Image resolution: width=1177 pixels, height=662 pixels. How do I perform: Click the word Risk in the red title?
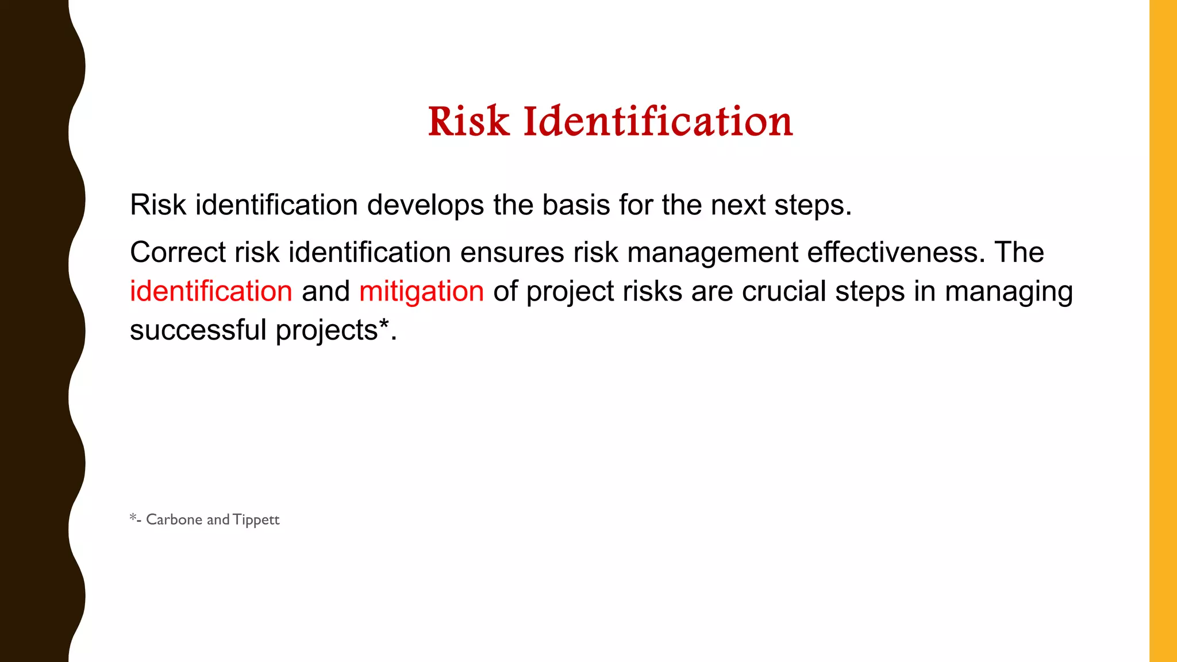[468, 122]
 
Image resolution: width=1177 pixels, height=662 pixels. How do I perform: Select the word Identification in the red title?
[658, 122]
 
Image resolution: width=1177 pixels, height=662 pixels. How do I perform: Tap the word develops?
[425, 205]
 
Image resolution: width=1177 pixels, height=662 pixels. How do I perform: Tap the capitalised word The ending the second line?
[1019, 252]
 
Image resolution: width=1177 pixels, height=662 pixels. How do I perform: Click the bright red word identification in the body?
[211, 291]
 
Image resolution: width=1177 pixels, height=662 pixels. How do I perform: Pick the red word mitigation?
[421, 291]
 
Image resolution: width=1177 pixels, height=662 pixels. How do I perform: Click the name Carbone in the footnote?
[174, 519]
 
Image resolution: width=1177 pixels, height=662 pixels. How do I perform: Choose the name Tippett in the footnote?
[256, 520]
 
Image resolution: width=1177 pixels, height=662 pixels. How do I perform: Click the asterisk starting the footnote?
[133, 517]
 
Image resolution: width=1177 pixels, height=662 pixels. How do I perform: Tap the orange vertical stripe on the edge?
[1163, 331]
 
